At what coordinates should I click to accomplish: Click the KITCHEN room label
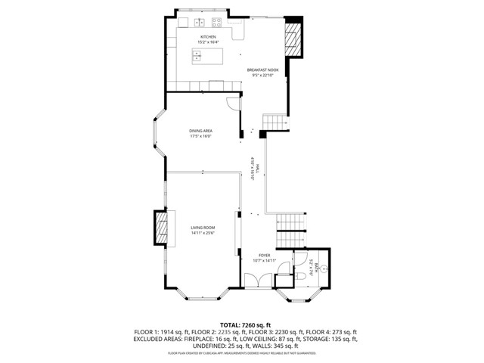click(x=208, y=36)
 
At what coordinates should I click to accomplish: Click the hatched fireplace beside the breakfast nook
click(x=293, y=37)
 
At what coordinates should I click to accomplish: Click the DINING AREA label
click(x=200, y=131)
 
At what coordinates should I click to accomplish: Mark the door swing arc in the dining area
click(x=232, y=104)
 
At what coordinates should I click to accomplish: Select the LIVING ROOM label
click(x=203, y=227)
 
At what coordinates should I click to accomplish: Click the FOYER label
click(x=265, y=256)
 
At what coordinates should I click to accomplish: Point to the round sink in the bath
click(x=323, y=268)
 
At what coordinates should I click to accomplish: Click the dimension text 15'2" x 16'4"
click(x=208, y=42)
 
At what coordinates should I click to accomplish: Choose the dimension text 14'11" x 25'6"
click(x=203, y=232)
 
